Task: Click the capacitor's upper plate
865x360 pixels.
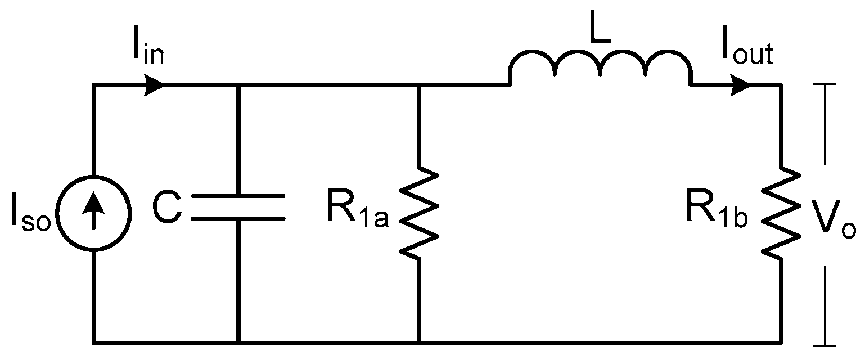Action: [x=238, y=197]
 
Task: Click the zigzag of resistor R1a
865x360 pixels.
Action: [x=420, y=214]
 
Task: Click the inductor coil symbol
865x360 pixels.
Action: [x=601, y=67]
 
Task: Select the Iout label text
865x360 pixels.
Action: [x=747, y=52]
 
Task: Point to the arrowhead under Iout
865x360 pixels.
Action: [x=741, y=85]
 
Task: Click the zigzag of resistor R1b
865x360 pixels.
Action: [x=781, y=214]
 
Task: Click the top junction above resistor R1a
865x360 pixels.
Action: [x=420, y=85]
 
